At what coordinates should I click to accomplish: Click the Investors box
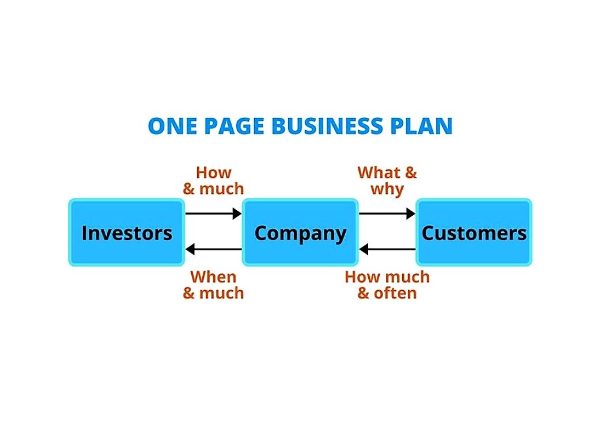[x=126, y=233]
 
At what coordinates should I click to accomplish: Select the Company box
[x=300, y=233]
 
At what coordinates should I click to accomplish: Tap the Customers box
[x=474, y=233]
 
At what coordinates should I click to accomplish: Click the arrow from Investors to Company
[x=213, y=214]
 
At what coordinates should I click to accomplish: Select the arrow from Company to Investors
[x=213, y=249]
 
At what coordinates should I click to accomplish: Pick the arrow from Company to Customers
[x=387, y=214]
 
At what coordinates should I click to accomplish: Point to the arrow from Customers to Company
[x=387, y=249]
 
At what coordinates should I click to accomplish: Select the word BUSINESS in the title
[x=327, y=126]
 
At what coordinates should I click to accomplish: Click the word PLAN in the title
[x=421, y=126]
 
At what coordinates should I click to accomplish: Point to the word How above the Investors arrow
[x=213, y=173]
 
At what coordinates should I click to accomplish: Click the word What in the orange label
[x=379, y=173]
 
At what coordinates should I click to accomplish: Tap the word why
[x=387, y=189]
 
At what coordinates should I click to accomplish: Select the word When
[x=213, y=277]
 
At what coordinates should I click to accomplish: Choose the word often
[x=395, y=293]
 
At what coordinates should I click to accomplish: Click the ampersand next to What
[x=411, y=173]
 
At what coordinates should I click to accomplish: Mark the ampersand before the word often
[x=363, y=294]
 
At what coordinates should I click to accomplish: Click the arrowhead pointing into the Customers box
[x=411, y=214]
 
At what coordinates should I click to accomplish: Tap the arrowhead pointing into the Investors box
[x=190, y=249]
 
